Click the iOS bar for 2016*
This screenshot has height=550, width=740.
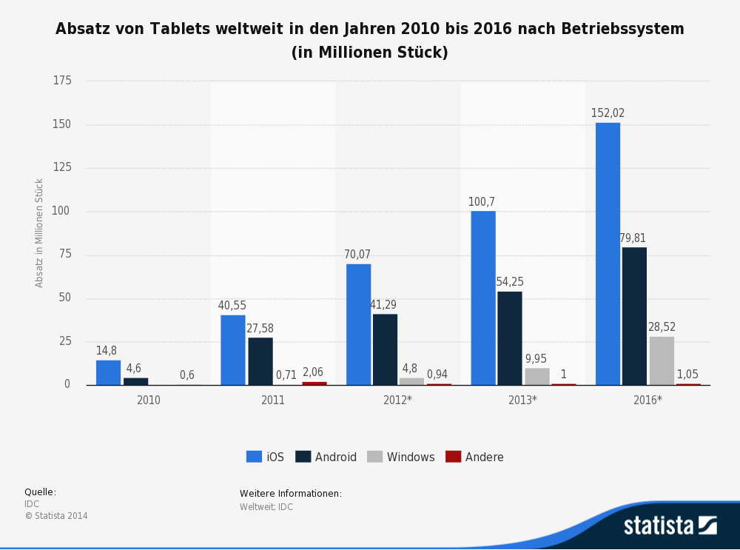pos(608,254)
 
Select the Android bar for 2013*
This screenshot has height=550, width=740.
pos(510,338)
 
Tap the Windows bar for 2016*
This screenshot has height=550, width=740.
pos(662,361)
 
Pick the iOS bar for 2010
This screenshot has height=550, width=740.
pos(108,372)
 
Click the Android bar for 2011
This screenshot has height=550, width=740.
pos(260,361)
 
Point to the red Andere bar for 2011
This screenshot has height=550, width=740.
pos(314,383)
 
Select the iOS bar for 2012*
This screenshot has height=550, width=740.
pos(358,324)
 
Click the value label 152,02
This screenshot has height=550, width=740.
pos(608,113)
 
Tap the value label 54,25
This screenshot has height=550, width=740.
pos(510,282)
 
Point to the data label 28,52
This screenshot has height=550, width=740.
pos(662,327)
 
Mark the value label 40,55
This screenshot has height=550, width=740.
pos(232,306)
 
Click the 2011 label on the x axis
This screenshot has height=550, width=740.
pos(273,400)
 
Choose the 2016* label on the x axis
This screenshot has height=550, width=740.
pos(647,400)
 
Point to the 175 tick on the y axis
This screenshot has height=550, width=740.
pos(62,81)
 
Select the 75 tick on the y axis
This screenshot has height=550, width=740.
pos(65,255)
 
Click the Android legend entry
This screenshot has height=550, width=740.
pos(326,457)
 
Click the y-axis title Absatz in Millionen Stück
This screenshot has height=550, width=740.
pos(40,232)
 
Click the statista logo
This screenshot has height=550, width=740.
pos(670,526)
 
